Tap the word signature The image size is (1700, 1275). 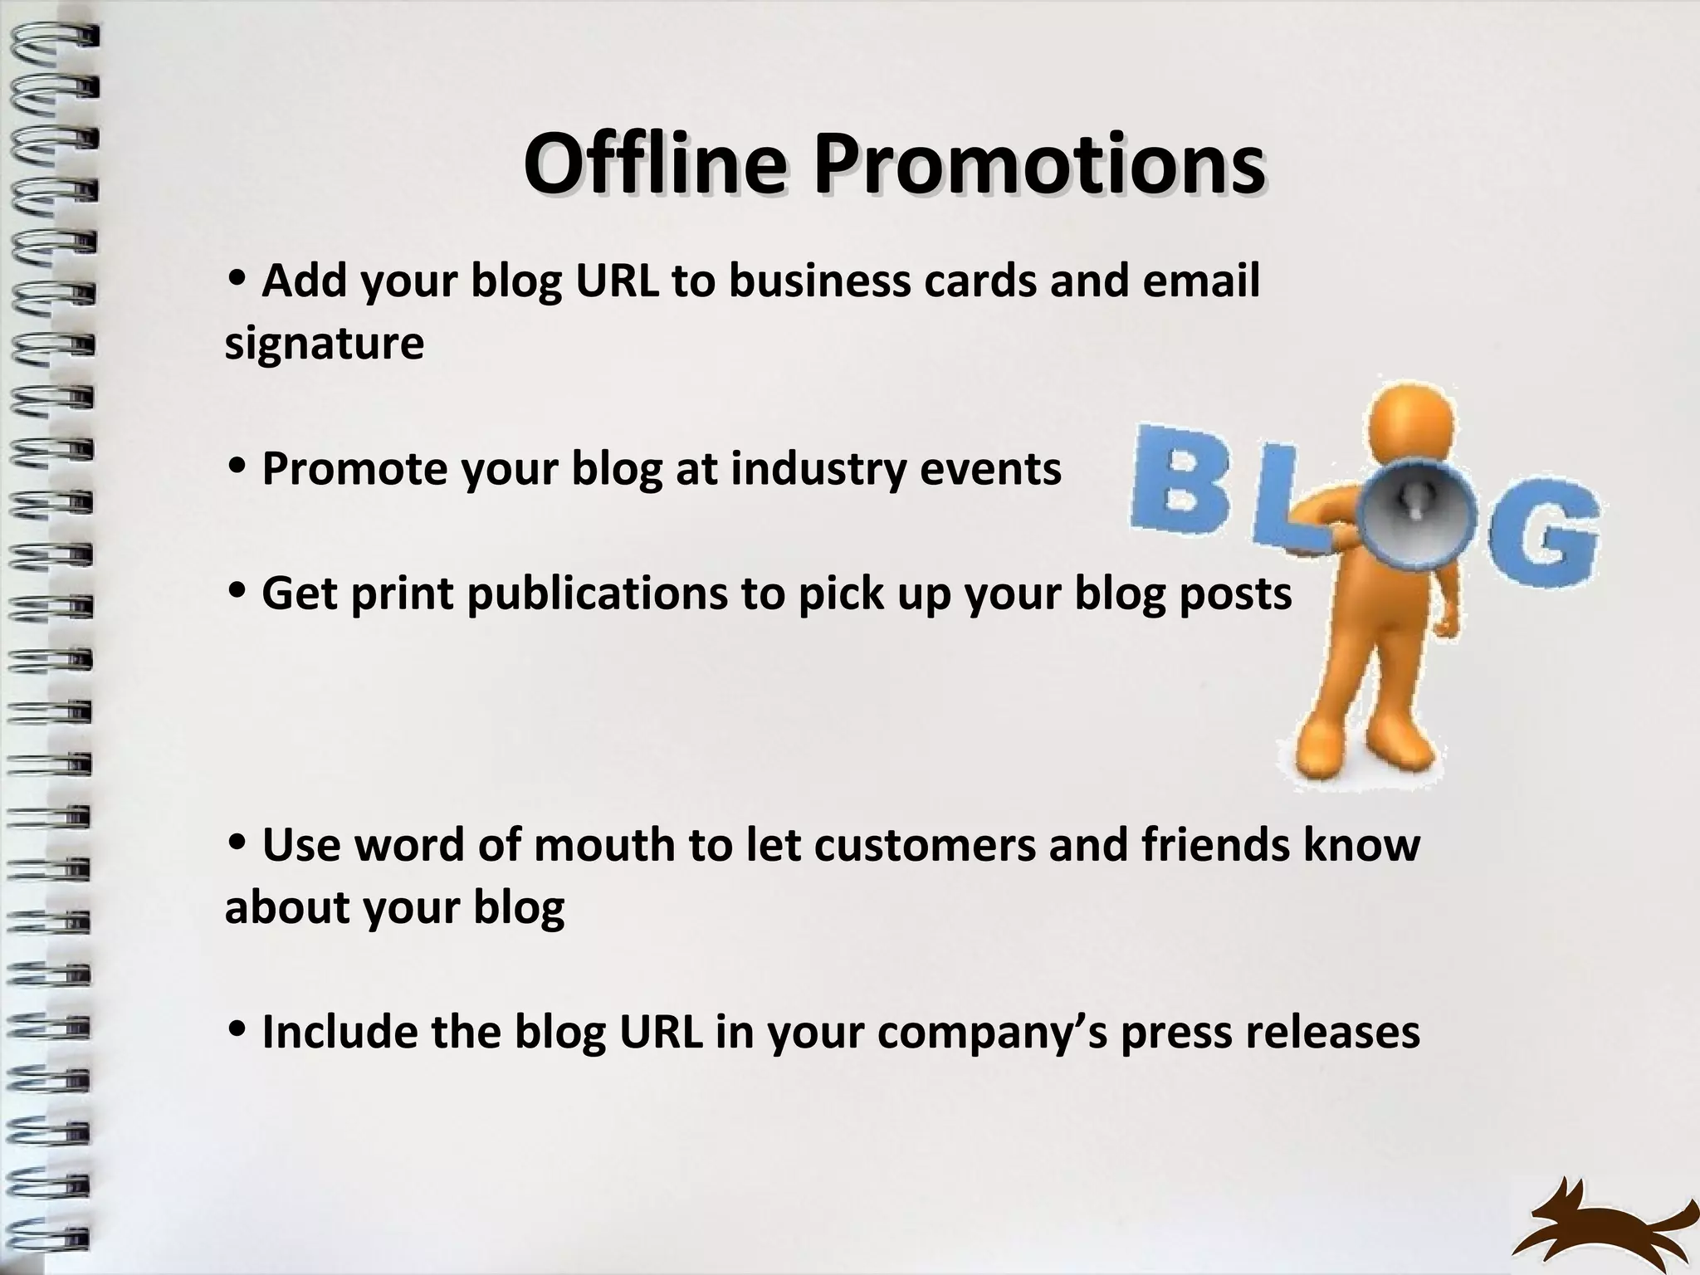pos(324,344)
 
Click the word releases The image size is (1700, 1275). pos(1331,1032)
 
